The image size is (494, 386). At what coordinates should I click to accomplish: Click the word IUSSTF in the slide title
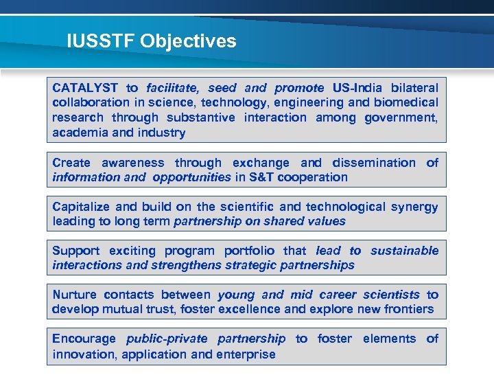[x=100, y=41]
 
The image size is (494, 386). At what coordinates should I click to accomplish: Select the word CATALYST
[x=85, y=88]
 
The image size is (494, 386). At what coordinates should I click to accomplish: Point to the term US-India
[x=357, y=88]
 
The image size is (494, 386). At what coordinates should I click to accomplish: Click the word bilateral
[x=414, y=88]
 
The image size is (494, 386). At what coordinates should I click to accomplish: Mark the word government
[x=401, y=117]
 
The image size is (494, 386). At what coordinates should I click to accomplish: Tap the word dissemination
[x=374, y=163]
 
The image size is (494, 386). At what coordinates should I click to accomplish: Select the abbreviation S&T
[x=261, y=177]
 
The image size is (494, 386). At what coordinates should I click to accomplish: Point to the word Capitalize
[x=82, y=207]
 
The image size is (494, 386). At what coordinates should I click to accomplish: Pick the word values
[x=327, y=221]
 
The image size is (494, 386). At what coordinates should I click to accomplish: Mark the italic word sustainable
[x=404, y=251]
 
